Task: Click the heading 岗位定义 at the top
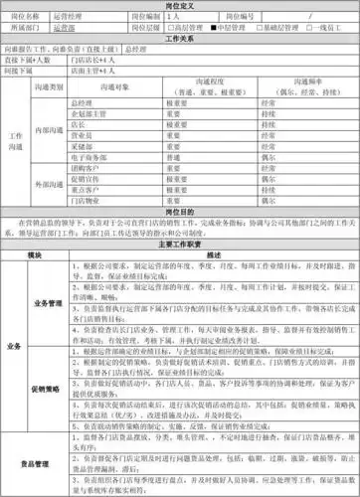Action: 179,7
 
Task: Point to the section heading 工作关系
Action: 179,41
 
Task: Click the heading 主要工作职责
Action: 179,243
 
